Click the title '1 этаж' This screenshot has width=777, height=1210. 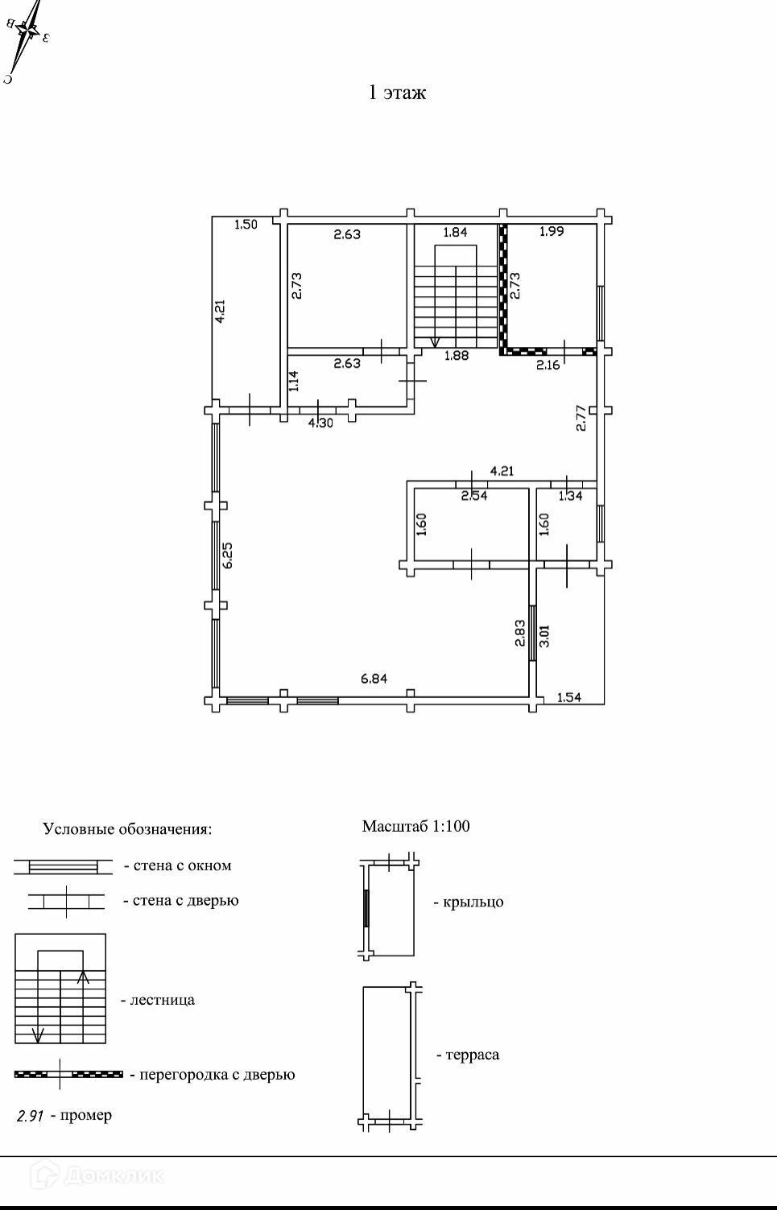click(x=397, y=93)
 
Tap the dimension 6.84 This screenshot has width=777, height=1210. click(x=374, y=679)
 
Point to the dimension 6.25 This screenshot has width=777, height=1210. click(x=228, y=555)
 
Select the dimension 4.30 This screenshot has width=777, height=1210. click(x=320, y=422)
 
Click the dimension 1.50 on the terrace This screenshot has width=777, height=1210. click(x=246, y=225)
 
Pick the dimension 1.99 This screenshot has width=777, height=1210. click(x=552, y=231)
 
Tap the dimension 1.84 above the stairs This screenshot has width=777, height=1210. click(x=455, y=232)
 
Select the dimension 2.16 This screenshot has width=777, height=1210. click(x=548, y=365)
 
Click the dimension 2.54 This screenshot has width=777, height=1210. click(x=473, y=496)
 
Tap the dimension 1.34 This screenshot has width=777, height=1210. click(x=570, y=496)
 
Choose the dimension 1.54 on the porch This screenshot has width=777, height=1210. click(x=569, y=697)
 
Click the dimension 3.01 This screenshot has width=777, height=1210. click(x=544, y=635)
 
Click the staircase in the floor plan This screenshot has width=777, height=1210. click(x=455, y=298)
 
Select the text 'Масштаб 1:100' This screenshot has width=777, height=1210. click(x=415, y=826)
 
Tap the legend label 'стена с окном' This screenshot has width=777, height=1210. click(x=182, y=866)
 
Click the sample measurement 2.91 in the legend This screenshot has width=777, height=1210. click(x=31, y=1116)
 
